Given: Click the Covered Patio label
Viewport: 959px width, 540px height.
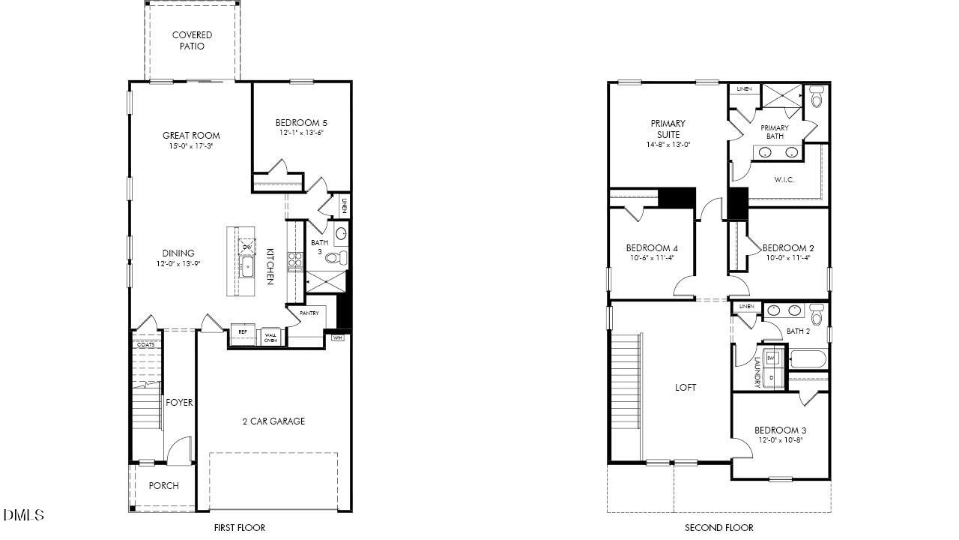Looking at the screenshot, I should (192, 40).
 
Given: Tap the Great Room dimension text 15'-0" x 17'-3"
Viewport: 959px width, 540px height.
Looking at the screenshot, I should (191, 147).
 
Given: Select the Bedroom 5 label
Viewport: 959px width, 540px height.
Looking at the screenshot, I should (301, 123).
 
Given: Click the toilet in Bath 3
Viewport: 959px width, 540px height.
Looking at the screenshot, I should (336, 258).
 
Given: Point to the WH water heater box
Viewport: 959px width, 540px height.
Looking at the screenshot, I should (339, 337).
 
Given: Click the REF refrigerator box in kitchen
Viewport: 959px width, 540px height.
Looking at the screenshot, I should (243, 331).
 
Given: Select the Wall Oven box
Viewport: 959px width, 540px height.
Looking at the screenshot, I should (270, 337).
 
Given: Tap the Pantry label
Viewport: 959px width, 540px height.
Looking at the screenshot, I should (309, 313).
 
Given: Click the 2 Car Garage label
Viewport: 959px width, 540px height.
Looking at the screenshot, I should (273, 421).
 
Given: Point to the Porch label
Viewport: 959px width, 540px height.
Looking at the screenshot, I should (163, 486).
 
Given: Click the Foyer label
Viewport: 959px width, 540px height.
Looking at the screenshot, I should (179, 403).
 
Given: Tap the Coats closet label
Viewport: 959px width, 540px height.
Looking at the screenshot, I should (145, 344).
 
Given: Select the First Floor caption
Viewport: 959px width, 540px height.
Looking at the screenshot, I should (239, 528).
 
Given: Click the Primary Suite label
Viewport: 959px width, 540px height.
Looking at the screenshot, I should (668, 129).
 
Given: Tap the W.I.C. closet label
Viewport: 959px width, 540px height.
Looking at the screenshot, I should (784, 180).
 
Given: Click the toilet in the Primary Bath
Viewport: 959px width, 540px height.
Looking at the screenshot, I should (817, 97).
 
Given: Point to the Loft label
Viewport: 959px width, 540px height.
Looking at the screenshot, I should (686, 388).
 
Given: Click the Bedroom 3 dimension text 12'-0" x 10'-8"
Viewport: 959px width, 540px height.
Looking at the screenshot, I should (780, 440).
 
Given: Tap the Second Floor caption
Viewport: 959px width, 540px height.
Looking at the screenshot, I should (719, 528).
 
